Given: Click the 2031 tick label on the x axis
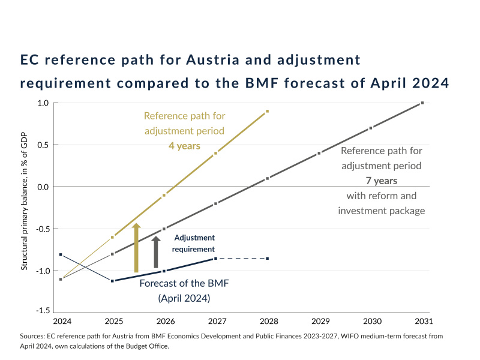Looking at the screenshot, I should [x=422, y=322].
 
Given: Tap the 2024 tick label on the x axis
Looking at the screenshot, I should [x=61, y=322].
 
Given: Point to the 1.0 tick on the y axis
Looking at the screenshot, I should [x=43, y=103].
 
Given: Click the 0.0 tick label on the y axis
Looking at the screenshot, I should [x=43, y=187].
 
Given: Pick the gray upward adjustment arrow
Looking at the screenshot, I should [x=156, y=252].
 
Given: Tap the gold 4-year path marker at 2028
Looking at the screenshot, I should [x=267, y=111].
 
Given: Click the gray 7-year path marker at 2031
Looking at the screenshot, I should [x=422, y=103].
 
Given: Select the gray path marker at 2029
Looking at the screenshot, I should [x=319, y=153].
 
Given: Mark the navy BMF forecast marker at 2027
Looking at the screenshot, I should [x=215, y=259].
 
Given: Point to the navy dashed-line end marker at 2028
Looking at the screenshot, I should [x=267, y=259].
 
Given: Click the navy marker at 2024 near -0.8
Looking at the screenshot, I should [x=61, y=254].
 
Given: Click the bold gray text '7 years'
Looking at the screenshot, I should [x=381, y=180].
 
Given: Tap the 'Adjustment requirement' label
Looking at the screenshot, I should [x=193, y=243].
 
